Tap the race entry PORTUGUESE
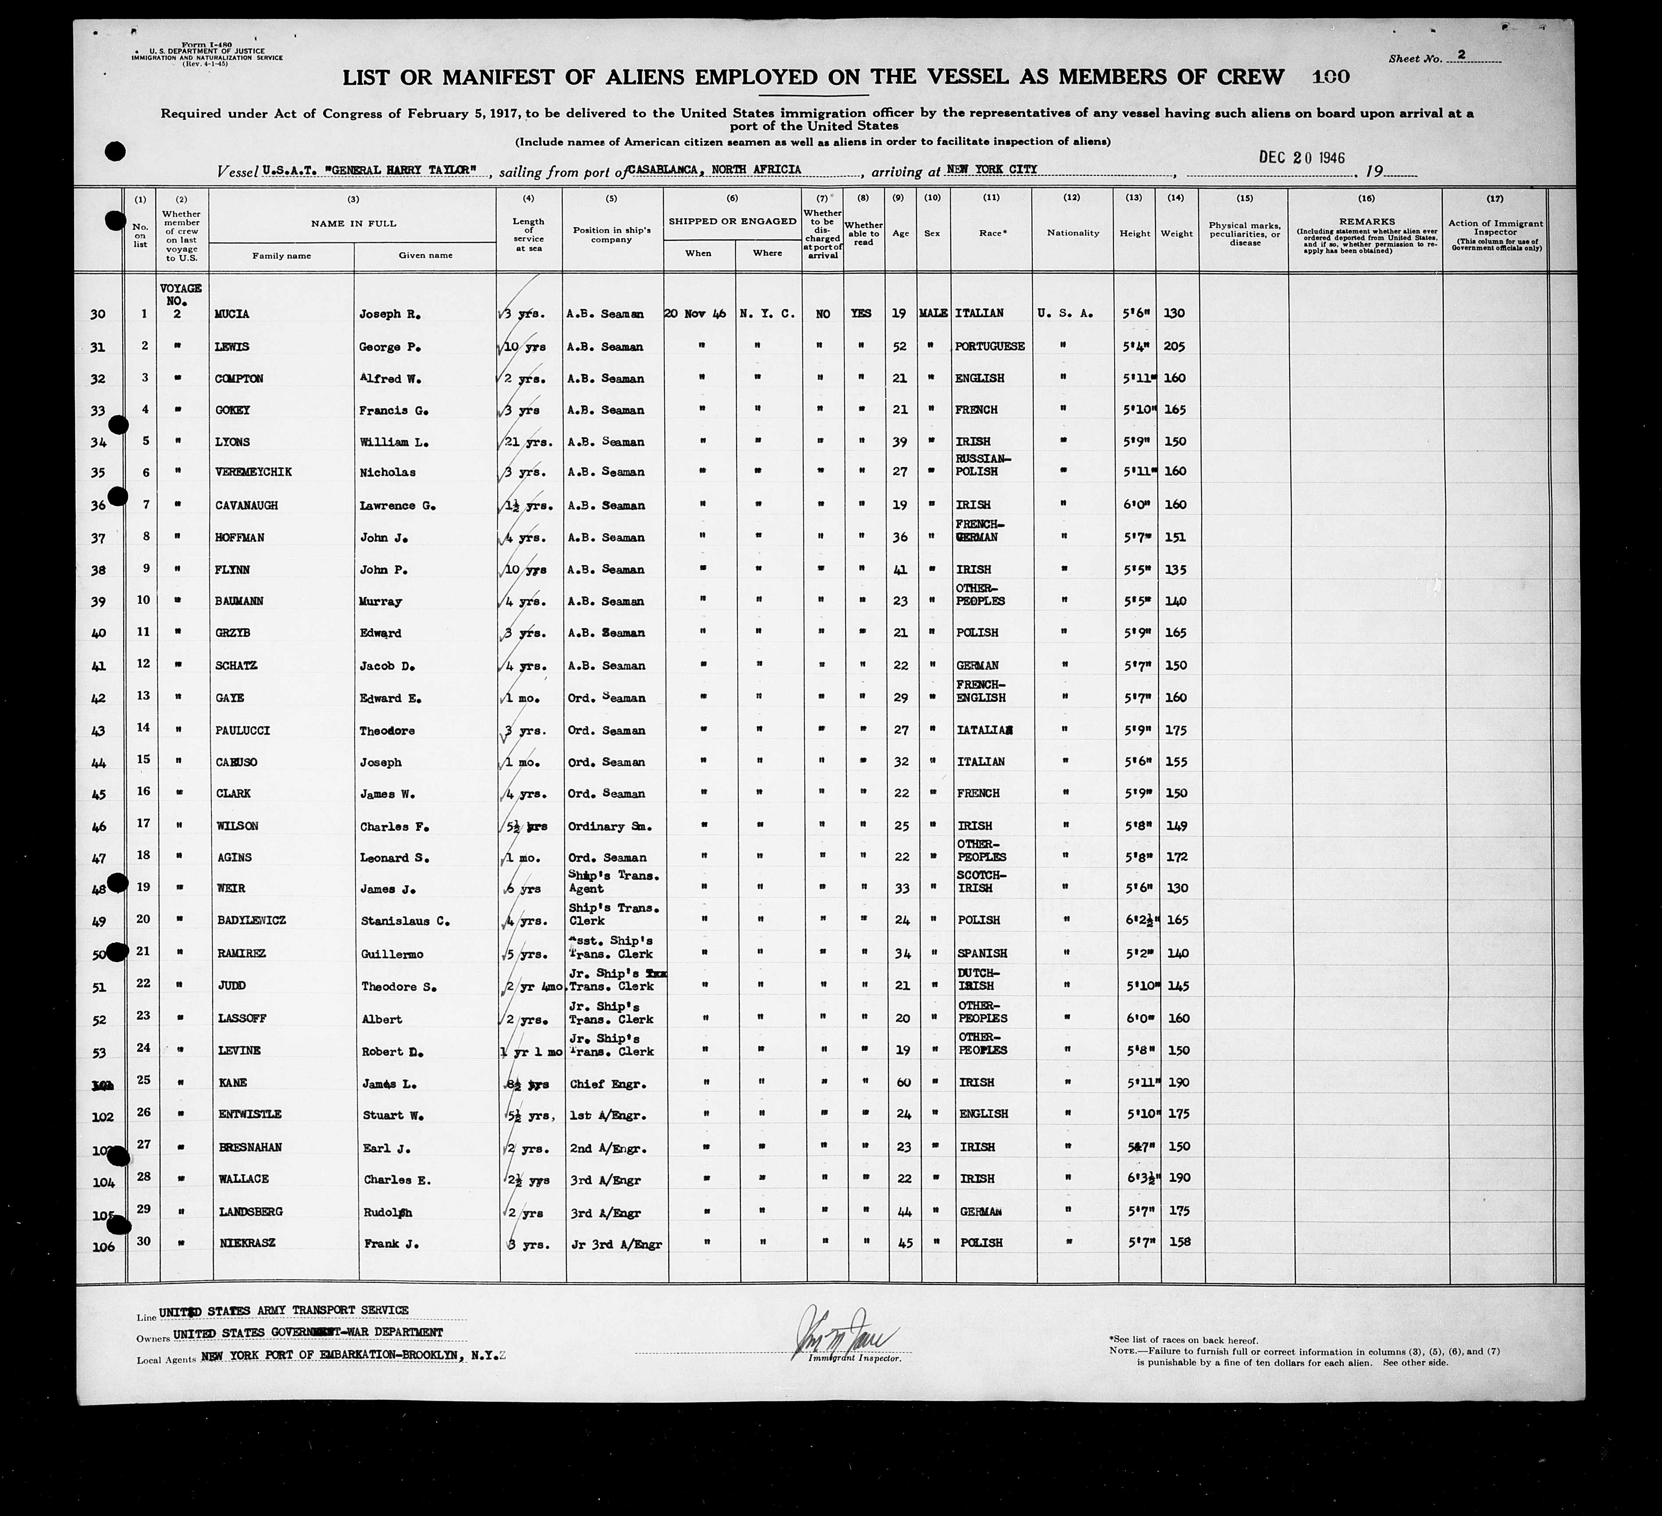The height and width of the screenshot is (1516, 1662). click(989, 346)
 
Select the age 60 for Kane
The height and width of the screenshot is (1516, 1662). click(903, 1082)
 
